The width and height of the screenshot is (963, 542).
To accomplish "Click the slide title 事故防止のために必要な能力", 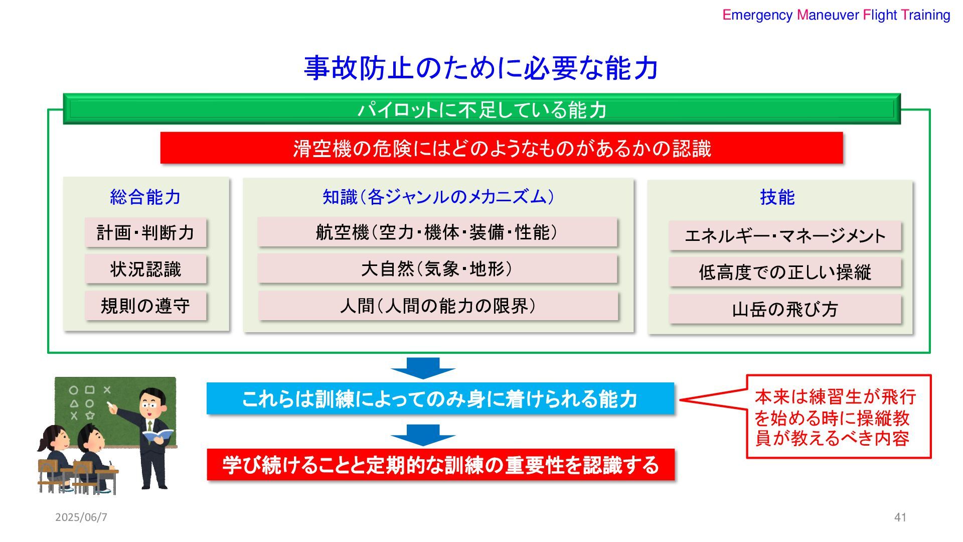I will [x=480, y=68].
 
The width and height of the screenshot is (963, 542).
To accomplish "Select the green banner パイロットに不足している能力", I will [x=481, y=109].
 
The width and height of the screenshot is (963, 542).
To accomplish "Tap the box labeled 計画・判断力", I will [x=145, y=233].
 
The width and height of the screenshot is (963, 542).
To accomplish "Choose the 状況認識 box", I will [x=145, y=269].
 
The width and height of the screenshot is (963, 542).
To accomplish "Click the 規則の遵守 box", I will [x=145, y=306].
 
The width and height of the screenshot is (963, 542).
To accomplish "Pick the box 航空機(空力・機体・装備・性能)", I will [x=437, y=232].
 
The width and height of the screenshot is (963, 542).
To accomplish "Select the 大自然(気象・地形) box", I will [x=437, y=269].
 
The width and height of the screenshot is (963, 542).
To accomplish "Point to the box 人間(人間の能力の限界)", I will [x=438, y=306].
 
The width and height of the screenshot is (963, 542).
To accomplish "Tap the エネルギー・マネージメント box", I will [x=785, y=236].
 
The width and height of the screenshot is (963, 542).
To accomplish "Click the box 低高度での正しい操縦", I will [x=785, y=273].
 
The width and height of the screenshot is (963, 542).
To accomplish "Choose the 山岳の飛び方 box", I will [x=785, y=309].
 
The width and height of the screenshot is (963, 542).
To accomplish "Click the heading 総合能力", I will [x=145, y=197].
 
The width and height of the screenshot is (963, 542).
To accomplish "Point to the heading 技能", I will [x=777, y=197].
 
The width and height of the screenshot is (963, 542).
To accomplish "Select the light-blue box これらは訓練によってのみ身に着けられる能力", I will [x=440, y=399].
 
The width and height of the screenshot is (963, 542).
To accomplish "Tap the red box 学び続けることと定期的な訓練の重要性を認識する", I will [x=440, y=465].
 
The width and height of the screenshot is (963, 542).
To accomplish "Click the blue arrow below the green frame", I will [x=423, y=367].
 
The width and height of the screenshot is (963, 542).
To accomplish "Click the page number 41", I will [x=900, y=517].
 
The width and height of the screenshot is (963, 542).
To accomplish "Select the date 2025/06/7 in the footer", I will [x=81, y=517].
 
